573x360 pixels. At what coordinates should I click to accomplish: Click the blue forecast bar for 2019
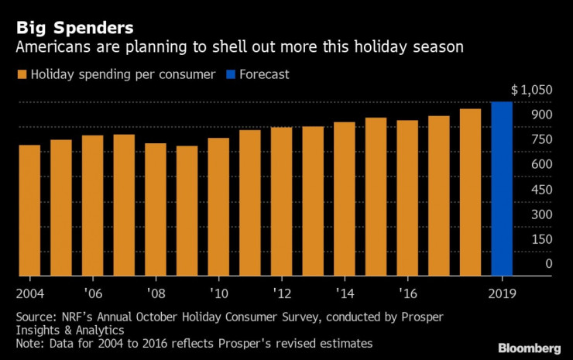502,189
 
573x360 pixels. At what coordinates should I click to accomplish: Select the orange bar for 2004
29,210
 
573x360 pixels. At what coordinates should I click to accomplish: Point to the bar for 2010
218,207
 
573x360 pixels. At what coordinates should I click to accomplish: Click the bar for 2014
345,199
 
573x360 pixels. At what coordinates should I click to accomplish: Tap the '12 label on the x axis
281,293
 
